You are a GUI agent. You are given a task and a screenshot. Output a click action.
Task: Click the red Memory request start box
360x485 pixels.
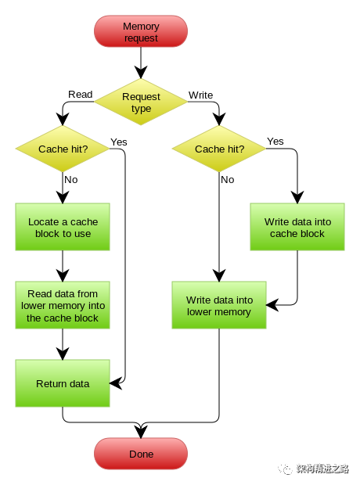tap(141, 32)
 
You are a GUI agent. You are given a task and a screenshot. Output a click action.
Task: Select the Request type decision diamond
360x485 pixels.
tap(141, 102)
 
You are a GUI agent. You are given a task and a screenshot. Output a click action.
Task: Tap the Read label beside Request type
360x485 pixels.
tap(81, 95)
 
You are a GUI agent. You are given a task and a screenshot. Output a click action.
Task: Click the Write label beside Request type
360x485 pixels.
tap(200, 95)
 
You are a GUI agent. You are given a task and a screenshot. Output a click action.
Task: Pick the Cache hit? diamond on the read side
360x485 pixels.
tap(63, 149)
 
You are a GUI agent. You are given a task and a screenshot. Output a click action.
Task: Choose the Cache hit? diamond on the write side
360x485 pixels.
tap(219, 149)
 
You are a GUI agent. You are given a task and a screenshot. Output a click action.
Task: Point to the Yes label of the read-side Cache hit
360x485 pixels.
tap(119, 142)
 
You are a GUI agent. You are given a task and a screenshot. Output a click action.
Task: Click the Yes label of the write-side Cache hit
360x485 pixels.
tap(275, 141)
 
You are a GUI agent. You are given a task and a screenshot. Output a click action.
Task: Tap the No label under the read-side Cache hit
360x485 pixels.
tap(71, 179)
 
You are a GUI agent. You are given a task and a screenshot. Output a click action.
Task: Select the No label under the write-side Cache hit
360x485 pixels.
tap(227, 179)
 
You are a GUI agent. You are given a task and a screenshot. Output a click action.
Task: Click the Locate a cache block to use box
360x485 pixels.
tap(63, 227)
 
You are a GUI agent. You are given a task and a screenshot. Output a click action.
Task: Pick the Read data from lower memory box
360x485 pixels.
tap(63, 306)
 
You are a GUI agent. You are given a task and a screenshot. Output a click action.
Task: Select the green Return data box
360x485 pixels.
tap(63, 383)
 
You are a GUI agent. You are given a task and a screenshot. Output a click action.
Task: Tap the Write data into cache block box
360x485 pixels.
tap(297, 227)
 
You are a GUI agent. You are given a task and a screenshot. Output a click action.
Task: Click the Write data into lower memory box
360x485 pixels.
tap(219, 305)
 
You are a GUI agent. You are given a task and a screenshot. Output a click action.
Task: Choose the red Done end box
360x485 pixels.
tap(141, 454)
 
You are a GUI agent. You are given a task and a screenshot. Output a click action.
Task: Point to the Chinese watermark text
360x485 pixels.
tap(322, 469)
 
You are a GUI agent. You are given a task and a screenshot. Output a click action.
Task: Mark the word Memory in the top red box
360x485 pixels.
tap(141, 27)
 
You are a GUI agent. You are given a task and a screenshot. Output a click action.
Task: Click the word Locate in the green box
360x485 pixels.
tap(44, 221)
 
